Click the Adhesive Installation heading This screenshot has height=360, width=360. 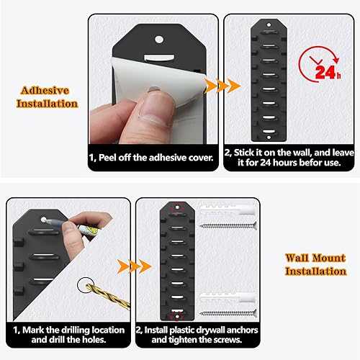pos(47,97)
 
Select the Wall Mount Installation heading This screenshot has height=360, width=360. pos(315,264)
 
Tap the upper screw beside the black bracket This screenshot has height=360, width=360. pos(228,226)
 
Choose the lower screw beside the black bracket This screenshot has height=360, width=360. pos(228,313)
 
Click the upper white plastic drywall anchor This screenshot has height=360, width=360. pos(228,210)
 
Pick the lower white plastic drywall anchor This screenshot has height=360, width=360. pos(228,297)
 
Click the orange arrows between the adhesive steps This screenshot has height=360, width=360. pos(222,86)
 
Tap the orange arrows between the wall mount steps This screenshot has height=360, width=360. pos(134,266)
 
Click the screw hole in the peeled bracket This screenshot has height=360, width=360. pos(159,40)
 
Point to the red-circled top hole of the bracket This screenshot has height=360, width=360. pos(177,207)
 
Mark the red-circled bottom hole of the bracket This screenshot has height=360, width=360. pos(177,317)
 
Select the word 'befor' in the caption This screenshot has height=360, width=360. pos(311,163)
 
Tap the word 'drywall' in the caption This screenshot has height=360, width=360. pos(209,330)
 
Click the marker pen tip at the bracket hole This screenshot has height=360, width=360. pos(46,221)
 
